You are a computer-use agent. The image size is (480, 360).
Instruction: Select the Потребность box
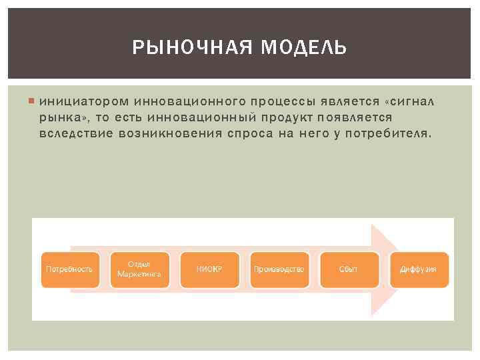click(69, 269)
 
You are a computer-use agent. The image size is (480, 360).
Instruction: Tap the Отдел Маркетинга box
click(139, 269)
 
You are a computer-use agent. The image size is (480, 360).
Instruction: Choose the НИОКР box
click(209, 269)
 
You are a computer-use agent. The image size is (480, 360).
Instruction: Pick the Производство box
click(279, 269)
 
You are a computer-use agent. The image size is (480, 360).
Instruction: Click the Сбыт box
click(349, 269)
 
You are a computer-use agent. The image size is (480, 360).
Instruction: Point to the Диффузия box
click(418, 269)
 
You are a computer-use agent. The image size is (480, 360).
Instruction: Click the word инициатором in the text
click(84, 101)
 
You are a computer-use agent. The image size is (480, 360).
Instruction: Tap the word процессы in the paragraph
click(280, 101)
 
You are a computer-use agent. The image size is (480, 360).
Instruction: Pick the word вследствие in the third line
click(73, 133)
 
